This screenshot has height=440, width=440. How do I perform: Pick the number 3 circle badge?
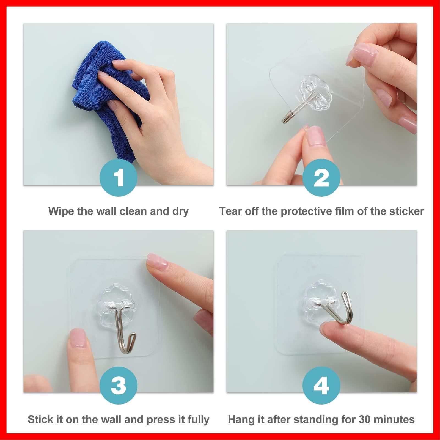(119, 385)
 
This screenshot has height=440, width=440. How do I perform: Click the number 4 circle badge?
(321, 385)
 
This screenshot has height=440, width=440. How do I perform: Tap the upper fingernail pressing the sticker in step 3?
(157, 261)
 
